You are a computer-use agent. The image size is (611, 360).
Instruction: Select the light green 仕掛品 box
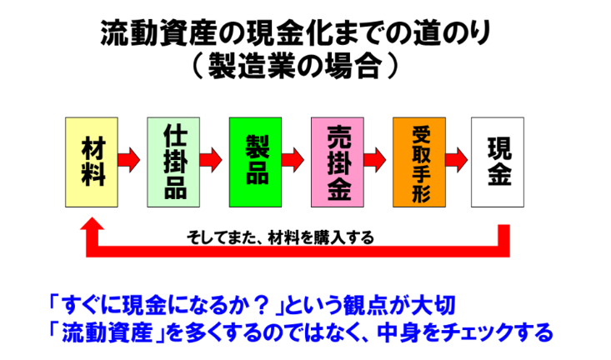174,162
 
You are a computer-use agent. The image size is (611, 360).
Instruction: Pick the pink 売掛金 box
338,162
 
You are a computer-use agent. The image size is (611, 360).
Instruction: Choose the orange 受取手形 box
419,162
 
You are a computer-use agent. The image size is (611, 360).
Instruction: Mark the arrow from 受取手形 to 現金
458,157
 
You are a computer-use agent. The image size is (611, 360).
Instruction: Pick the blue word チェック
465,332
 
